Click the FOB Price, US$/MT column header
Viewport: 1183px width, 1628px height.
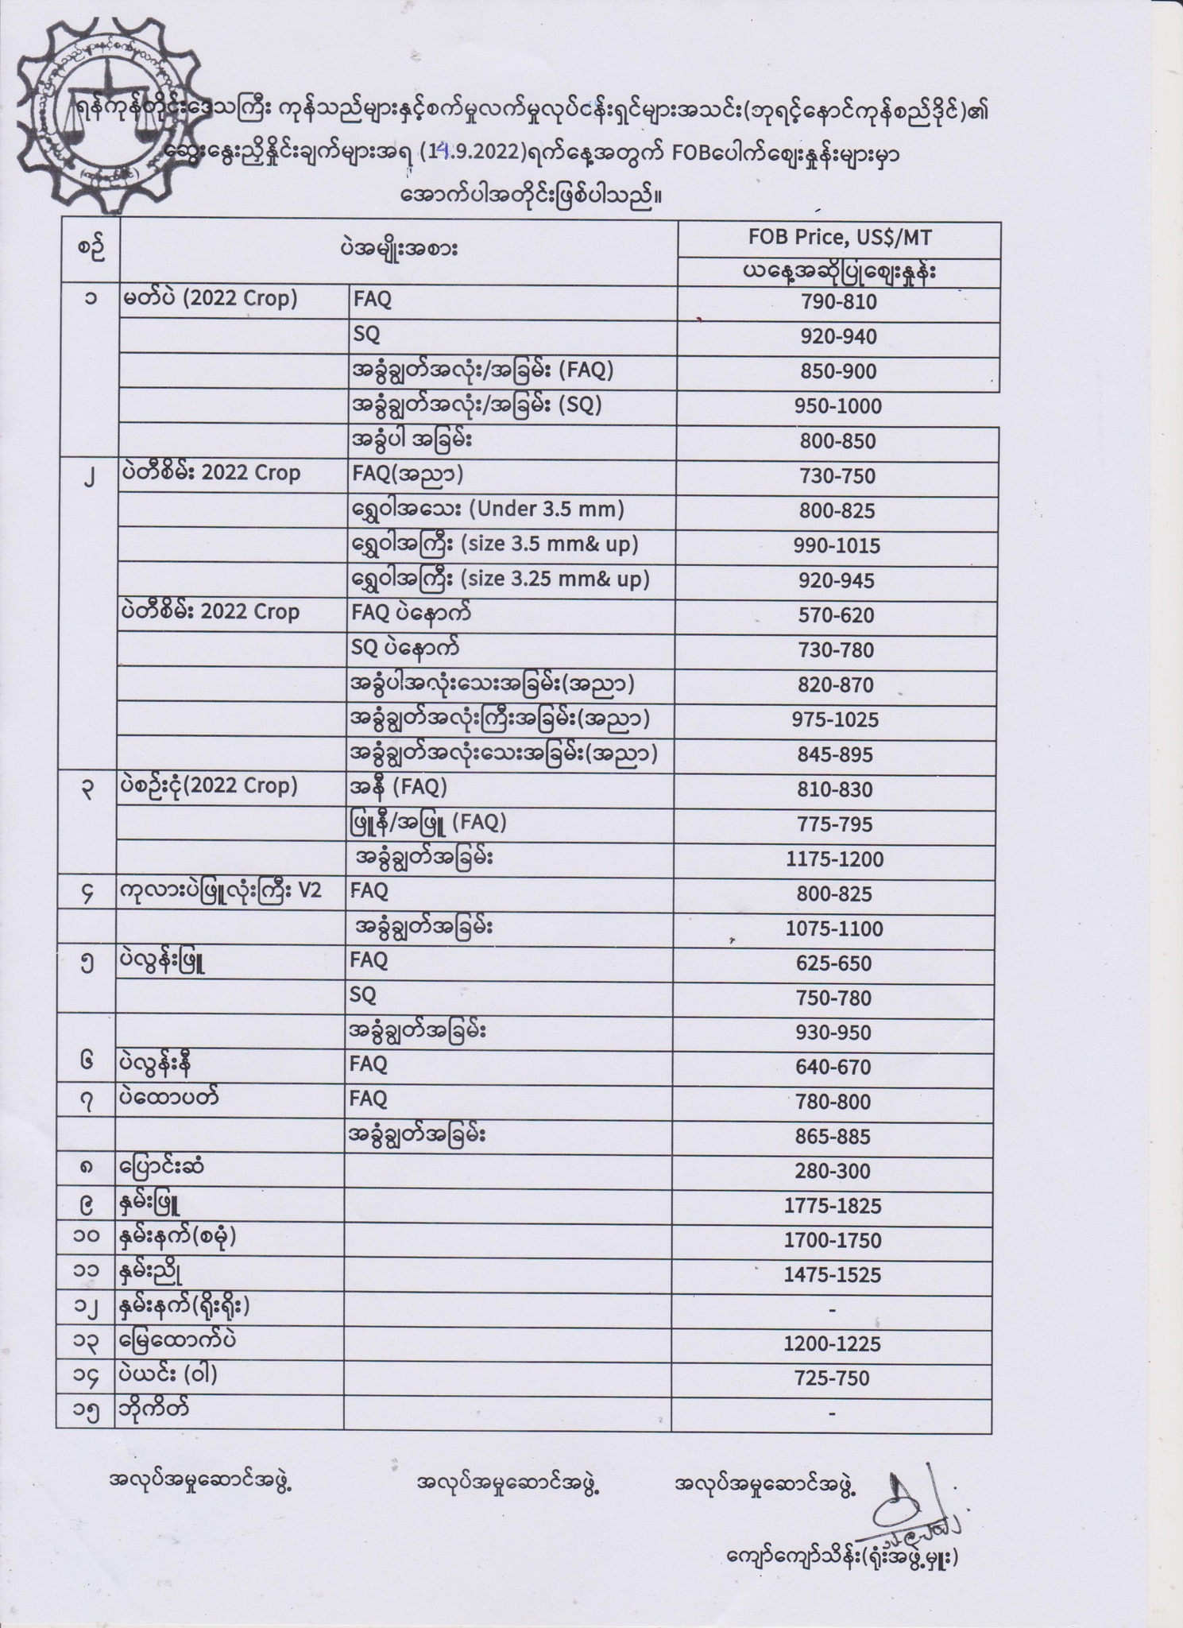click(x=838, y=238)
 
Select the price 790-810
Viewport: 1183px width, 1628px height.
click(x=838, y=302)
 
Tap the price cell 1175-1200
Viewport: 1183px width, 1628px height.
click(x=834, y=859)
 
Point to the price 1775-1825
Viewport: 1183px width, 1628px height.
click(x=833, y=1206)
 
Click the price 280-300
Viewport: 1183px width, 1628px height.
click(x=833, y=1171)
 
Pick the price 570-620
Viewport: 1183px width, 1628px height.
click(x=836, y=615)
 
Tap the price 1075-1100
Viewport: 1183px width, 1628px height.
click(x=834, y=928)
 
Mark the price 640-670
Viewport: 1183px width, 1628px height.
click(x=833, y=1067)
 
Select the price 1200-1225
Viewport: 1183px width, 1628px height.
click(x=833, y=1344)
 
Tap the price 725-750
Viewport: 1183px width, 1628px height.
click(x=832, y=1378)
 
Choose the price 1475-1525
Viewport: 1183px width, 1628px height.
click(x=833, y=1275)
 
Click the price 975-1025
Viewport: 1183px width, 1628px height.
click(x=835, y=720)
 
